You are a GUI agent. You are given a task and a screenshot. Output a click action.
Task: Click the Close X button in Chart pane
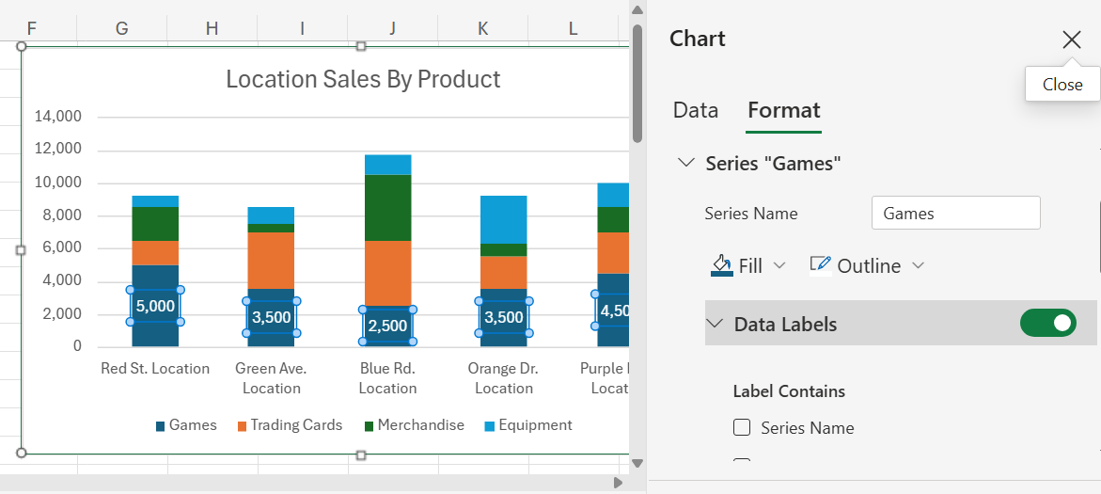coord(1071,40)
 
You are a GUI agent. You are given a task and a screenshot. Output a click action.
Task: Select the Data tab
coord(696,110)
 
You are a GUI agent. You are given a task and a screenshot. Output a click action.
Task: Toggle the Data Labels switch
coord(1047,324)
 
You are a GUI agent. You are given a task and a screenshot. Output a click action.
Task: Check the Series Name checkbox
coord(742,428)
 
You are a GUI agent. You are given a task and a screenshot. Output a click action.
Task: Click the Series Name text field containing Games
coord(955,214)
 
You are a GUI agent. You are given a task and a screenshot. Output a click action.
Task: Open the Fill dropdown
coord(748,265)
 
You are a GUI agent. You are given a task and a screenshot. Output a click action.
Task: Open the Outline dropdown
coord(867,265)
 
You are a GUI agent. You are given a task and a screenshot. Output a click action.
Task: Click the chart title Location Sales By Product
coord(363,79)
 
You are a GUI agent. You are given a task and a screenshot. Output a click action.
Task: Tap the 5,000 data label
coord(155,306)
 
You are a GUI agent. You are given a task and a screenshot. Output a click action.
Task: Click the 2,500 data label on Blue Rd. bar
coord(387,326)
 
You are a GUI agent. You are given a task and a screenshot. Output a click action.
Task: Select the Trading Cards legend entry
coord(290,425)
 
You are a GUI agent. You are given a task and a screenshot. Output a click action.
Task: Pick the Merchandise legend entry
coord(414,425)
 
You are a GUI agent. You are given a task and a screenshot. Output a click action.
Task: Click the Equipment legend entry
coord(527,425)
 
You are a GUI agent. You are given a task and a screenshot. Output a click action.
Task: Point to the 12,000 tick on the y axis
coord(58,150)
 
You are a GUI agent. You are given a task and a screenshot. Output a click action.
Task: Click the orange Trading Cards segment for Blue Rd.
coord(387,273)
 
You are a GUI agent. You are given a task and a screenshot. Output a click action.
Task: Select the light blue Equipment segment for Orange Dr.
coord(503,219)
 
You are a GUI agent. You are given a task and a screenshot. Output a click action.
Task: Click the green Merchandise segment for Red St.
coord(155,223)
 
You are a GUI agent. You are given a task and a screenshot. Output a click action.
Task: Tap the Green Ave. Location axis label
coord(271,377)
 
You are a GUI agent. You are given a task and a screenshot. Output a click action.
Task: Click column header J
coord(392,28)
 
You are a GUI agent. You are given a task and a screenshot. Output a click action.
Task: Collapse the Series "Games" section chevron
coord(685,163)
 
